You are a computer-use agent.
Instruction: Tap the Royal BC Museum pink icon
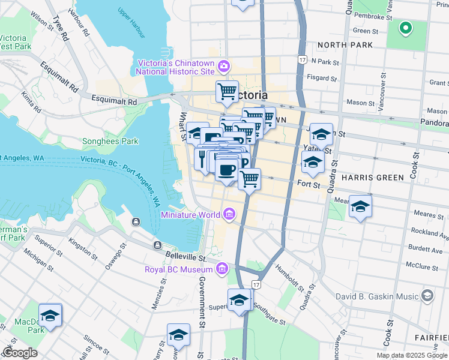(x=223, y=268)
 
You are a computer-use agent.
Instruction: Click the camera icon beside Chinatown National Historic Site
(x=224, y=65)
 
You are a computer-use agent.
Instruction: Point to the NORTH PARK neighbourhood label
(x=345, y=45)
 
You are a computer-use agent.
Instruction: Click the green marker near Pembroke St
(x=406, y=28)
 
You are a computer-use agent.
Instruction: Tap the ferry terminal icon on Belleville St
(x=157, y=245)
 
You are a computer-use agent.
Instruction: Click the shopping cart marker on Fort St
(x=250, y=178)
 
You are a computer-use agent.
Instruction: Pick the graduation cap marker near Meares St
(x=360, y=206)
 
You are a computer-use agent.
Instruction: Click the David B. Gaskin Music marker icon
(x=427, y=295)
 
